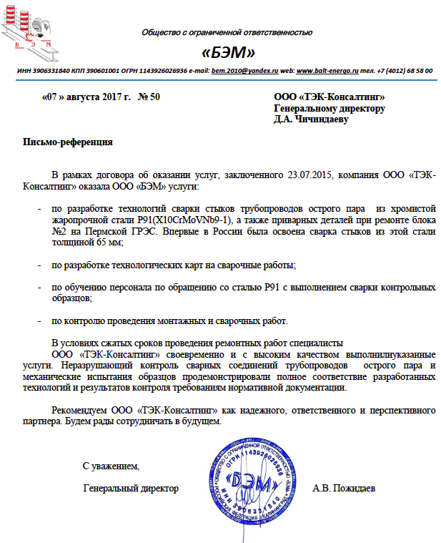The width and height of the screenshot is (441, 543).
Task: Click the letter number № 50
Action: point(148,96)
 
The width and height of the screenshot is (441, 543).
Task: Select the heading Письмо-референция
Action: point(69,142)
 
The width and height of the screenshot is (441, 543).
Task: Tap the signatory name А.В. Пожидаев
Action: point(344,489)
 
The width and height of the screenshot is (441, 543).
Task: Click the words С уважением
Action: point(111,466)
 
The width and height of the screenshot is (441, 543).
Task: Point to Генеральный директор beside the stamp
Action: point(130,489)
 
